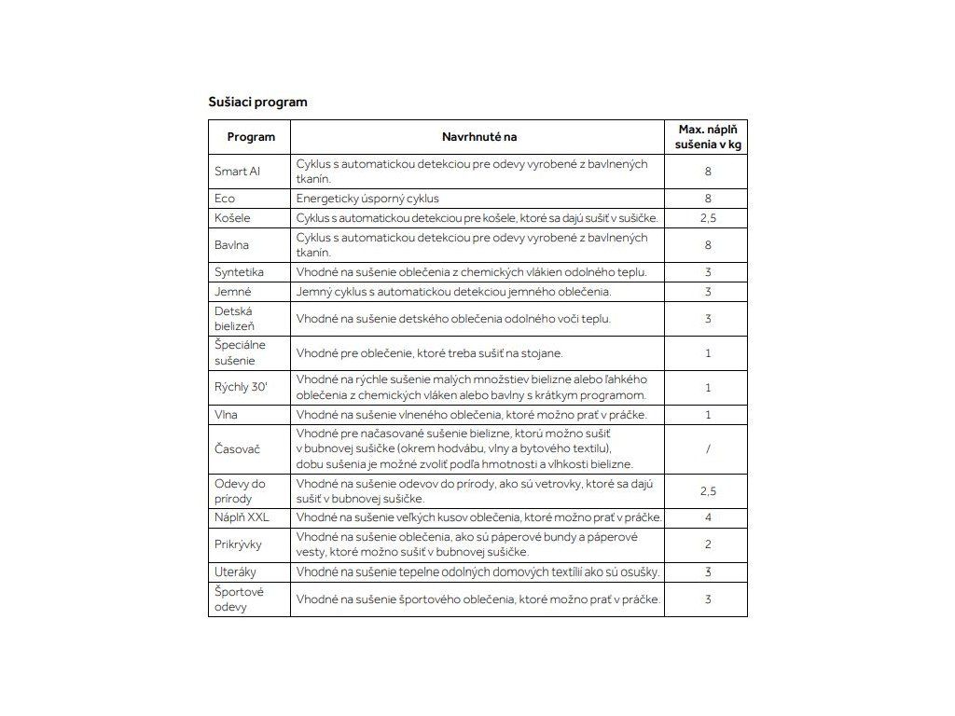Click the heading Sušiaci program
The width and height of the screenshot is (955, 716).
257,102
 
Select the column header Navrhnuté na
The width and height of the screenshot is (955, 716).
478,137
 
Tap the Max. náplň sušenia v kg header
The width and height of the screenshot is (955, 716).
709,137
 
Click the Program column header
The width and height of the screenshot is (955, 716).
251,137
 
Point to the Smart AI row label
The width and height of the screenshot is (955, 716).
237,172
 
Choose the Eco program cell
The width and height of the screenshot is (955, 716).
225,199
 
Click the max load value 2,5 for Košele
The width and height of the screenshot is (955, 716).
709,218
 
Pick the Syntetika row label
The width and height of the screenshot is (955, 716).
239,272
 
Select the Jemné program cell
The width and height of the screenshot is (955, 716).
233,292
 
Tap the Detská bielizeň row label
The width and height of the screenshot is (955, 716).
234,319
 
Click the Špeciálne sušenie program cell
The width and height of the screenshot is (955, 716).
240,353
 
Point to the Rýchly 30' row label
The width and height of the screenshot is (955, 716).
241,387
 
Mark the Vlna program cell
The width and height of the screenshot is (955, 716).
226,414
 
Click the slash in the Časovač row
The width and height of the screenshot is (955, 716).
709,449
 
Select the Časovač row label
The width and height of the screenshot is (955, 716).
238,449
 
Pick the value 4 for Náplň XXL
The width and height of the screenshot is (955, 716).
709,517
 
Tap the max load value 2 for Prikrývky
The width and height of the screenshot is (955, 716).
709,544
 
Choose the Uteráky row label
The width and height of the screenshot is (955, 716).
235,572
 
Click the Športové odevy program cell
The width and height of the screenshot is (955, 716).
239,599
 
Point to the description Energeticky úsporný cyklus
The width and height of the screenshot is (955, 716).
367,199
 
